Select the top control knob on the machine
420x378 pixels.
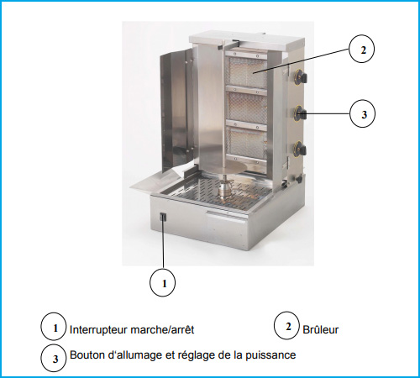[302, 76]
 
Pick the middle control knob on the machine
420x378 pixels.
[301, 113]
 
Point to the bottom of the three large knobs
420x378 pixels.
[300, 150]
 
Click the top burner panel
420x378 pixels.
[247, 72]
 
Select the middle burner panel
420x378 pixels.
[247, 107]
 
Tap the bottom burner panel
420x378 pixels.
[247, 142]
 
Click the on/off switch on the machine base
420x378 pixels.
[163, 217]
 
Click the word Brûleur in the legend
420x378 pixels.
[321, 329]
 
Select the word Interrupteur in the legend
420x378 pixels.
[99, 330]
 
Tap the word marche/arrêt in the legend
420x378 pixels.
[162, 329]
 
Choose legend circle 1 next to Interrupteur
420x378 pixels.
[54, 327]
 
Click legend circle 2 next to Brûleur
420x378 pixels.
[286, 326]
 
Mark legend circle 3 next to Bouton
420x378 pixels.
[54, 358]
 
